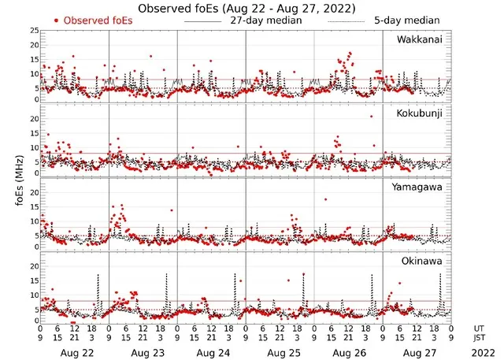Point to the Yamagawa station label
(421, 187)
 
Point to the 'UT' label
(480, 328)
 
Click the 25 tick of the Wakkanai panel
(33, 31)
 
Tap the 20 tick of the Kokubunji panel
(33, 119)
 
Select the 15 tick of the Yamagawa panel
(33, 207)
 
